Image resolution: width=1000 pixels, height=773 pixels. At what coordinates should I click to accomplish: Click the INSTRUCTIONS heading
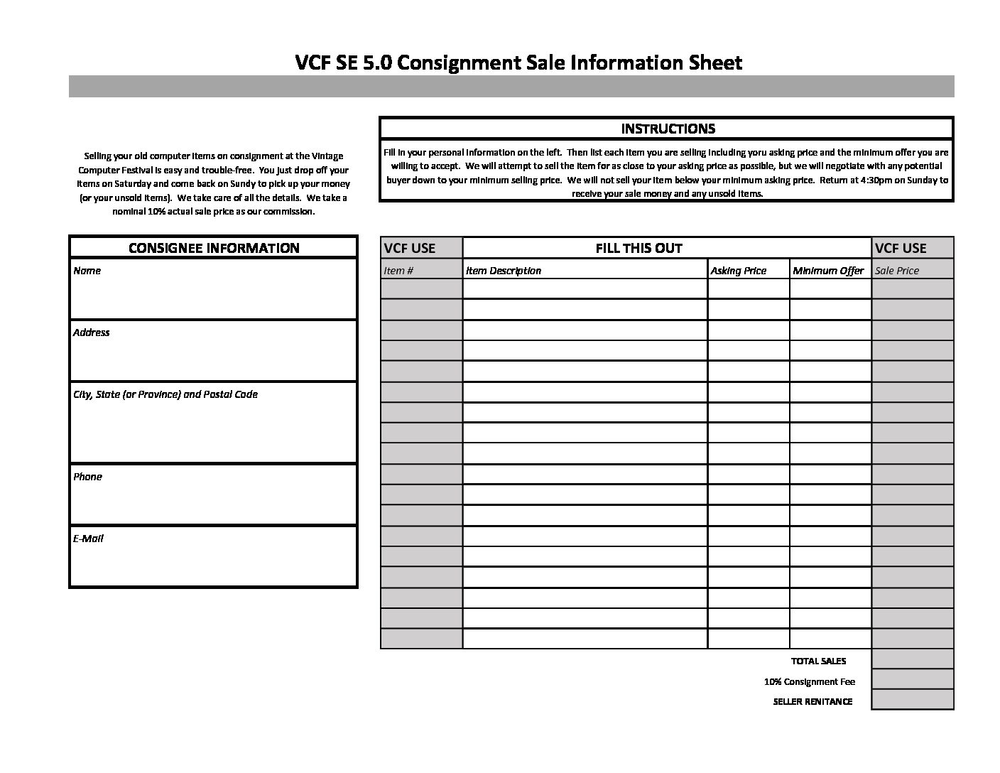(x=667, y=129)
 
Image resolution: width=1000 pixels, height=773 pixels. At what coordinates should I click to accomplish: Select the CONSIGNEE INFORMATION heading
(x=213, y=248)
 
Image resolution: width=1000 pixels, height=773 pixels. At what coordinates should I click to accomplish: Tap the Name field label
(x=87, y=271)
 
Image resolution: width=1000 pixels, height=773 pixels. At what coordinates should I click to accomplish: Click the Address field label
(x=91, y=333)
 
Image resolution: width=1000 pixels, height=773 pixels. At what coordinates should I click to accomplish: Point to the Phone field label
(x=87, y=477)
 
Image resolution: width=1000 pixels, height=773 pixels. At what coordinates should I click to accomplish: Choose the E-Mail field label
(x=88, y=539)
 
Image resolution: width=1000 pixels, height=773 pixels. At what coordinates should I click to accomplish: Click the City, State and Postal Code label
(x=165, y=394)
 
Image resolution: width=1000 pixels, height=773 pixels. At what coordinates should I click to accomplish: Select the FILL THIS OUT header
(x=638, y=248)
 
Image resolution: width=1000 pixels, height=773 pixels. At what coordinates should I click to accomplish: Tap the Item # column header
(x=398, y=271)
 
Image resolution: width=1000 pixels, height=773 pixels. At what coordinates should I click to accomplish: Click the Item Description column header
(x=503, y=271)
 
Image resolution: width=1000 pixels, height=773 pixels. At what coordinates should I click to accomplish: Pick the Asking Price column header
(x=738, y=271)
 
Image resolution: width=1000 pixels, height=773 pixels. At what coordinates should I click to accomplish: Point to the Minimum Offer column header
(x=828, y=271)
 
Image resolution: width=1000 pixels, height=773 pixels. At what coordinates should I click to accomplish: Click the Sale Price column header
(x=897, y=271)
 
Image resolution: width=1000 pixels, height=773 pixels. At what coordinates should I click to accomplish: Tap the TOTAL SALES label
(x=818, y=661)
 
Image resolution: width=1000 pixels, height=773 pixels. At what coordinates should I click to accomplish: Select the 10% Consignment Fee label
(x=809, y=681)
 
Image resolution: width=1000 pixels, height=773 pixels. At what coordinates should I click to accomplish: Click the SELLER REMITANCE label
(x=812, y=701)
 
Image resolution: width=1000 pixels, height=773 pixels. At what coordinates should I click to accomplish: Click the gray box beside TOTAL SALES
(x=912, y=659)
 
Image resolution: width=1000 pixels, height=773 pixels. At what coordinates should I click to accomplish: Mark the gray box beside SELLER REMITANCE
(x=912, y=700)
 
